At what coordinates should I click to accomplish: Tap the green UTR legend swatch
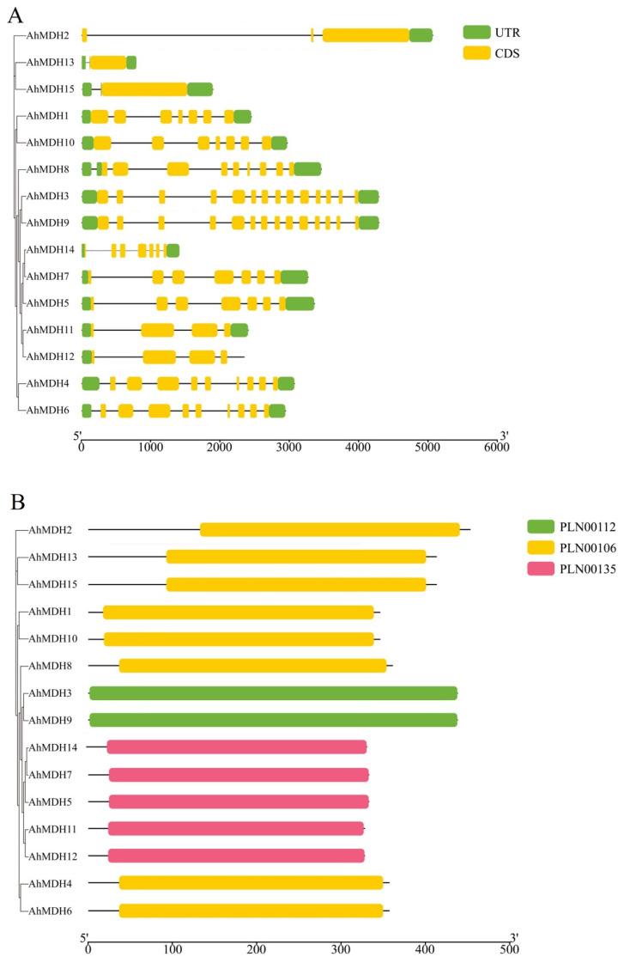476,33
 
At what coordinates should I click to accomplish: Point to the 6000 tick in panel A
495,447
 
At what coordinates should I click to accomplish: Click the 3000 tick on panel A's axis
288,447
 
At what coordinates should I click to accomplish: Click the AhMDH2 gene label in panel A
48,35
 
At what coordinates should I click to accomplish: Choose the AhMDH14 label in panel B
53,747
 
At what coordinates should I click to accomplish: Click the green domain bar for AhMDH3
273,693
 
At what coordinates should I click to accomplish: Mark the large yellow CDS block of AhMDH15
144,89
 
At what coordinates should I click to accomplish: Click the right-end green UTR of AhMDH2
421,35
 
